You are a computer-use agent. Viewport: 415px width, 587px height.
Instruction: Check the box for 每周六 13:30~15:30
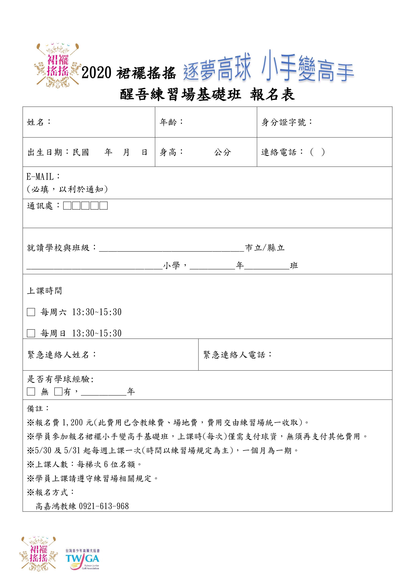coord(31,312)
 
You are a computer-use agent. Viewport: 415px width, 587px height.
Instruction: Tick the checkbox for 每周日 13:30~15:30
coord(31,333)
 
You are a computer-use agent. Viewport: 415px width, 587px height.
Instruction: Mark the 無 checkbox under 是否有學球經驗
coord(31,392)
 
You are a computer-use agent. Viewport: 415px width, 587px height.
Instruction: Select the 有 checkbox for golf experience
coord(58,392)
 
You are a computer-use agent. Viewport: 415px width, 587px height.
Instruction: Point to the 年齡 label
coord(168,122)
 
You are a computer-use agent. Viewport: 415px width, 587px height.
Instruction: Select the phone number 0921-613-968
coord(104,506)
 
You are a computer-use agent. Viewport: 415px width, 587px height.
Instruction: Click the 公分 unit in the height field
coord(222,153)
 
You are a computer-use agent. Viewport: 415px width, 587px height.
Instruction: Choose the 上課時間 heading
coord(44,291)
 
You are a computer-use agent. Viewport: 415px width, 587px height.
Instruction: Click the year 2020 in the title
coord(96,73)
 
